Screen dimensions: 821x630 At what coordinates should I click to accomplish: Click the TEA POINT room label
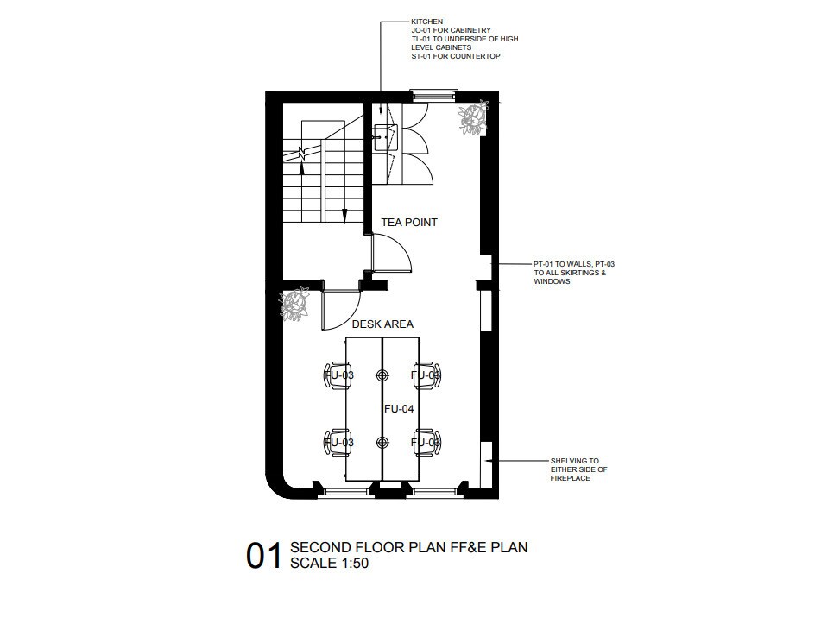click(409, 223)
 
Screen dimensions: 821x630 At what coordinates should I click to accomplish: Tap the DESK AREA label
click(382, 324)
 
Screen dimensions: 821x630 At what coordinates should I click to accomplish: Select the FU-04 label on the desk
click(399, 409)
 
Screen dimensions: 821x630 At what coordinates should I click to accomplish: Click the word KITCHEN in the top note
click(426, 22)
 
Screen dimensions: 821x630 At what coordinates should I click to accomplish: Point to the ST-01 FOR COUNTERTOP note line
click(456, 56)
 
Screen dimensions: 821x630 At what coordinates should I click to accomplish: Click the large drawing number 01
click(264, 556)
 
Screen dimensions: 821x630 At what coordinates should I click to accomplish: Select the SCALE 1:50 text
click(329, 563)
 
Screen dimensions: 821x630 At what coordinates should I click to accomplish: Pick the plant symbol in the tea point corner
click(474, 117)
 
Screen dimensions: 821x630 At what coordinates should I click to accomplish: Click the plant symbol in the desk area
click(294, 304)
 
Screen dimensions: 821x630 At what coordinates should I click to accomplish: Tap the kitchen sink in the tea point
click(385, 137)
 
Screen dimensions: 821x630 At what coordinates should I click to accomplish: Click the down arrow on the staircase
click(344, 216)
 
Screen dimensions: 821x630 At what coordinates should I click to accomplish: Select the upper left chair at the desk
click(337, 375)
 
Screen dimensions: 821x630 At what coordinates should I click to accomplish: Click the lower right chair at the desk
click(426, 443)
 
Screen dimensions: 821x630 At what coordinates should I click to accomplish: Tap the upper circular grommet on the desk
click(382, 375)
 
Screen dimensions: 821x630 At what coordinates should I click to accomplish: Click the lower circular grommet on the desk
click(382, 443)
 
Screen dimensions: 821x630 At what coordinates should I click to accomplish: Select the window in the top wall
click(433, 95)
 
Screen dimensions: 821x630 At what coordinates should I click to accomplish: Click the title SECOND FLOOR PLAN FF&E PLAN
click(409, 547)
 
